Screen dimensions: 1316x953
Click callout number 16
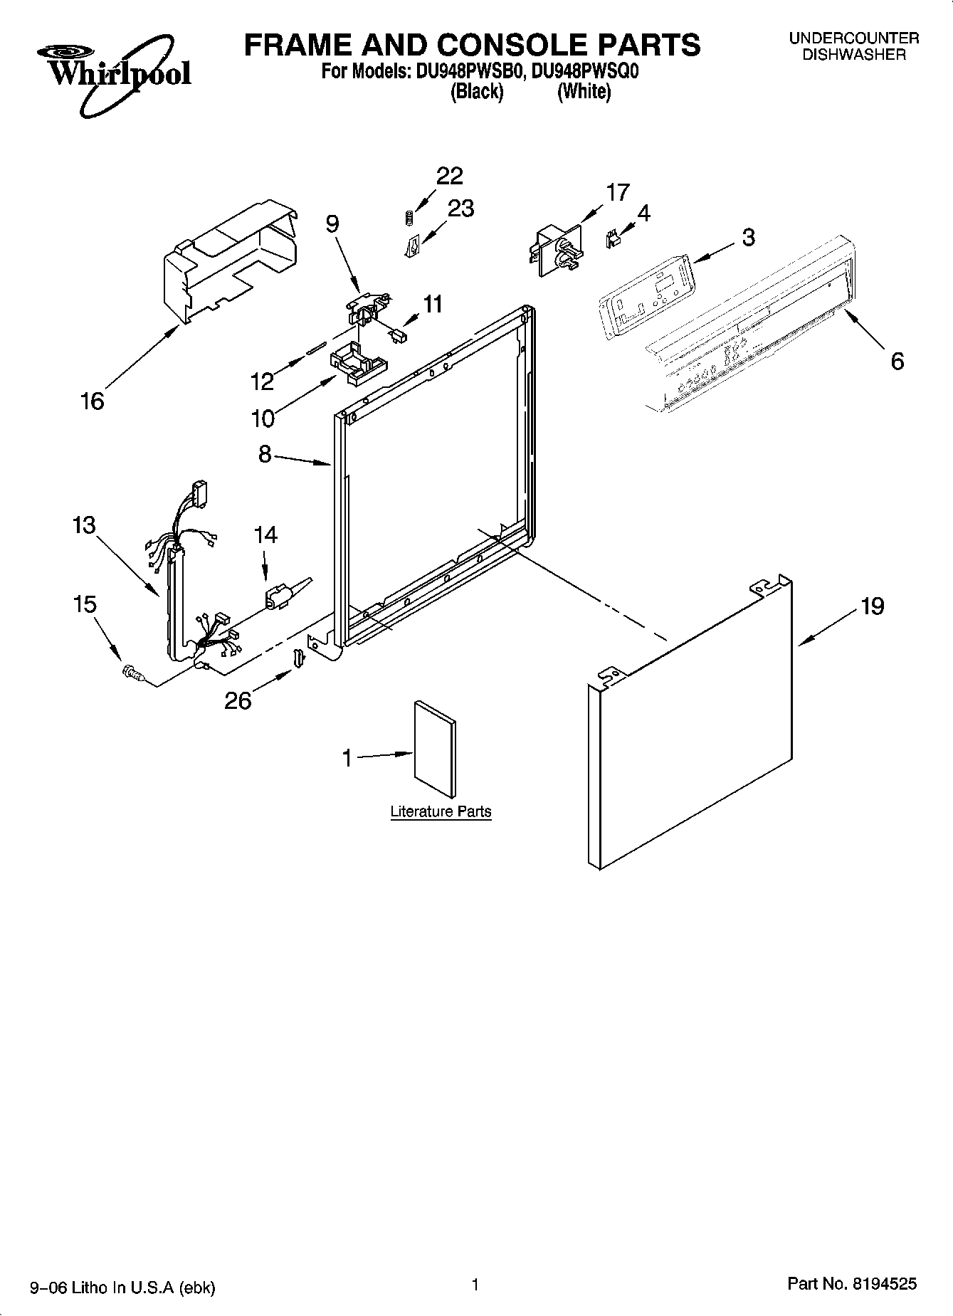coord(93,401)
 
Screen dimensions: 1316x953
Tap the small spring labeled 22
coord(409,219)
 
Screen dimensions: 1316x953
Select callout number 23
coord(460,209)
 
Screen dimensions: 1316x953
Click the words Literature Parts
coord(441,811)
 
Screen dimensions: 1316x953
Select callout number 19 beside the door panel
coord(872,606)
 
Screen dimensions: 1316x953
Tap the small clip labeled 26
coord(299,658)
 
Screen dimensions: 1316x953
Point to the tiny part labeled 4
coord(611,239)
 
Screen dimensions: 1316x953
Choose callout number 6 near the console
coord(897,362)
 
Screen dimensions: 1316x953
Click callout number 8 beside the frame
coord(265,453)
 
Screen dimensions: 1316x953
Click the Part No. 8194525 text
coord(851,1285)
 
